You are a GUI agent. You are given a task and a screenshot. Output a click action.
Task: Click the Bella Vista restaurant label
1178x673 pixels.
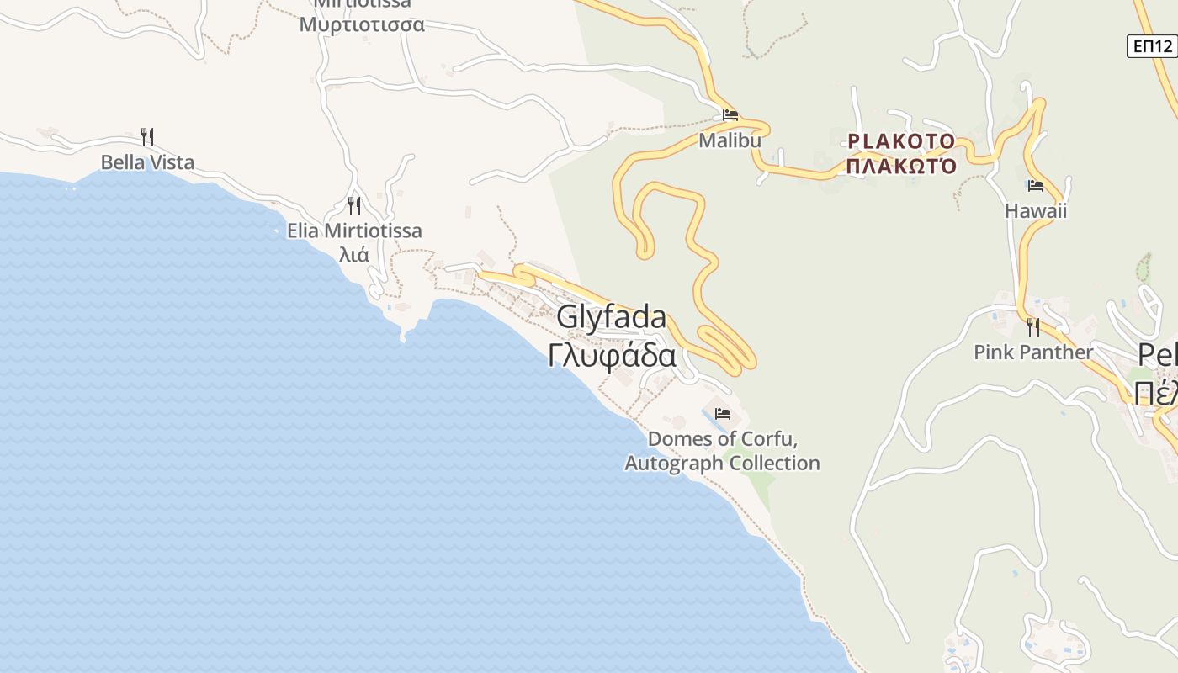[x=147, y=162]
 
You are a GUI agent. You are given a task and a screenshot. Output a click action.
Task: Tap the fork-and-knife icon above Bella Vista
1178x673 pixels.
[x=147, y=136]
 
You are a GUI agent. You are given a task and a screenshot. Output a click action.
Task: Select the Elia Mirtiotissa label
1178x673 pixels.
[x=354, y=231]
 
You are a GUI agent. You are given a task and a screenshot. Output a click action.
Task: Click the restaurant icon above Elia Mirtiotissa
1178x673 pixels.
[x=354, y=205]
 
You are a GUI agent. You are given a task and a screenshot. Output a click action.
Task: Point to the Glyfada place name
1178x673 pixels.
[x=612, y=317]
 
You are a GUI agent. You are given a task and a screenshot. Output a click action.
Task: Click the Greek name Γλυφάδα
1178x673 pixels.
[x=612, y=355]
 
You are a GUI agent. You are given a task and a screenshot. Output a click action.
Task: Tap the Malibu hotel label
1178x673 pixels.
[x=730, y=140]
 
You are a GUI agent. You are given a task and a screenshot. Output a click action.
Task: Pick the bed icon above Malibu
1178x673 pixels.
[x=730, y=115]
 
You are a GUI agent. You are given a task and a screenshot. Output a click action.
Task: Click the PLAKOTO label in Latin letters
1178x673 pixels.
[x=901, y=140]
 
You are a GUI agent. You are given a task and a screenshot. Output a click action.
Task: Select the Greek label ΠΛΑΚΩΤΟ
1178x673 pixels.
[x=901, y=166]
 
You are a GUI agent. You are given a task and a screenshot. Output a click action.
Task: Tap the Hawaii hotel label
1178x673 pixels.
[x=1035, y=211]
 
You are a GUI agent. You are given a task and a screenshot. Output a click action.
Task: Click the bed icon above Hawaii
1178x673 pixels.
[x=1035, y=186]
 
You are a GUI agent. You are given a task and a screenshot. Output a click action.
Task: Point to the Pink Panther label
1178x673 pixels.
[x=1033, y=352]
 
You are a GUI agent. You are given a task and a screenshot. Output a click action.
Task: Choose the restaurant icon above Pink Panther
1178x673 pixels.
[x=1033, y=326]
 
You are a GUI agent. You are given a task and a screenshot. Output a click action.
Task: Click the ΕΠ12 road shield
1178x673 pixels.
[x=1152, y=46]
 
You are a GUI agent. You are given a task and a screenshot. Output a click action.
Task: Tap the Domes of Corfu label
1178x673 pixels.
[x=722, y=439]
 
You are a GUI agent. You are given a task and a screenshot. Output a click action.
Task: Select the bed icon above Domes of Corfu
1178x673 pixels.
[x=722, y=414]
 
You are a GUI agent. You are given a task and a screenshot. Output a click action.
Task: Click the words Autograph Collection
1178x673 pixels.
[x=722, y=464]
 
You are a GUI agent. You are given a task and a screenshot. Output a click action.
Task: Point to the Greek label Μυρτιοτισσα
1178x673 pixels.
[x=362, y=24]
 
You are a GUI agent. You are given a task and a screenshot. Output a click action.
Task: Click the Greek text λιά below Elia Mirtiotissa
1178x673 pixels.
[x=353, y=254]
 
